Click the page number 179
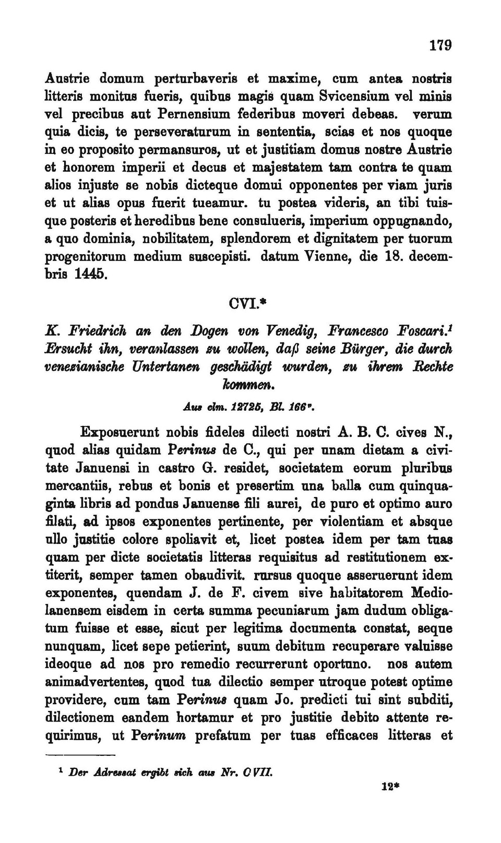click(x=440, y=45)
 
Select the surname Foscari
click(x=422, y=331)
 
